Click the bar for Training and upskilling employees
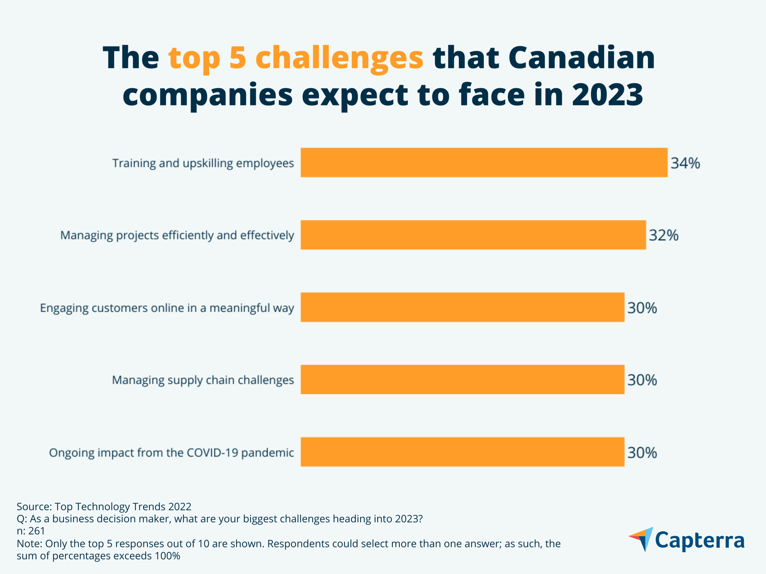pyautogui.click(x=484, y=163)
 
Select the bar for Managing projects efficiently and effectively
pyautogui.click(x=473, y=235)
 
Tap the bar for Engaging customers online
pyautogui.click(x=462, y=307)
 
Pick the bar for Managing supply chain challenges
pyautogui.click(x=462, y=380)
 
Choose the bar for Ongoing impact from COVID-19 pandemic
pyautogui.click(x=462, y=452)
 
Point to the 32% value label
pyautogui.click(x=663, y=235)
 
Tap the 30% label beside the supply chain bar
pyautogui.click(x=642, y=380)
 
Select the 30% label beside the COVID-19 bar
pyautogui.click(x=642, y=453)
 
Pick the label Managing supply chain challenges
pyautogui.click(x=203, y=380)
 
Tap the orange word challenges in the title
pyautogui.click(x=339, y=58)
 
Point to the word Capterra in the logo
pyautogui.click(x=700, y=540)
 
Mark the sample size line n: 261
pyautogui.click(x=31, y=531)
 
